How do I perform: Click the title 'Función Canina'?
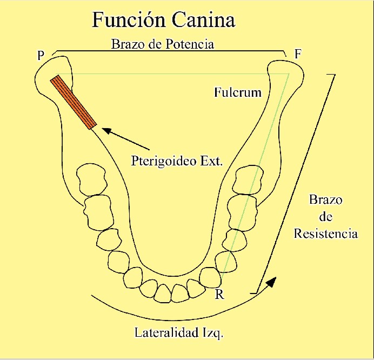coord(164,20)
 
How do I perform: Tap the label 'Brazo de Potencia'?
coord(163,44)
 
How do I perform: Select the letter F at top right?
coord(297,55)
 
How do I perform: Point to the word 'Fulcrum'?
coord(237,92)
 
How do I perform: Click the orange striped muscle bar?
coord(74,103)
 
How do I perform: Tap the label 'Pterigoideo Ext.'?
coord(177,161)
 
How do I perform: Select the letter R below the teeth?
coord(219,295)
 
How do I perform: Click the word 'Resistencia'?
coord(325,234)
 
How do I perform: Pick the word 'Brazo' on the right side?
coord(325,200)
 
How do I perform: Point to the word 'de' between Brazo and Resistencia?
coord(325,217)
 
